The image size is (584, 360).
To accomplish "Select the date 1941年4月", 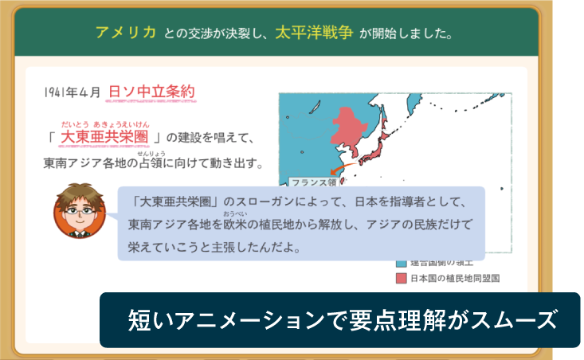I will click(x=73, y=92).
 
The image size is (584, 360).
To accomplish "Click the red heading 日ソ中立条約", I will click(x=151, y=92).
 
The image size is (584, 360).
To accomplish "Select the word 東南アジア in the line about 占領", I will click(x=80, y=164).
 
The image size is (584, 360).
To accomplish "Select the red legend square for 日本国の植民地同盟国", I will click(x=401, y=279).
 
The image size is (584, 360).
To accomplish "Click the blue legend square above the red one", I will click(x=401, y=263).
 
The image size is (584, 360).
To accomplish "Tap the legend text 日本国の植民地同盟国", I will click(x=455, y=279).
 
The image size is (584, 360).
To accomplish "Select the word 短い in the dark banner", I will click(x=144, y=320).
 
